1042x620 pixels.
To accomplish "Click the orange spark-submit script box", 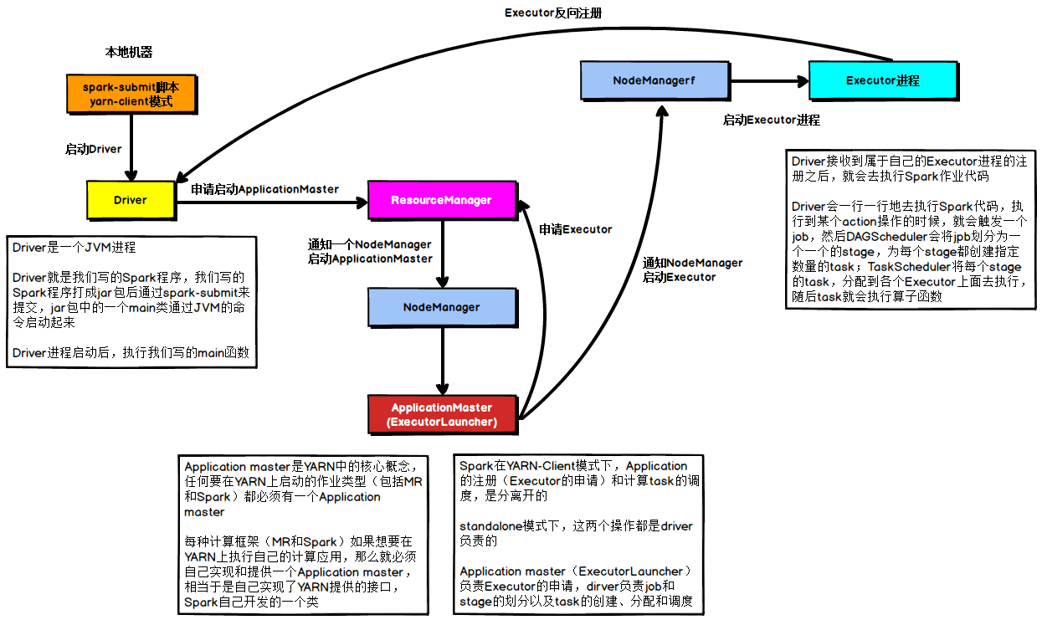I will click(x=131, y=94).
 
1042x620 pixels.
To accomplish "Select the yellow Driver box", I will click(x=130, y=200).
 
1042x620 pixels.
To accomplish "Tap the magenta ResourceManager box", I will click(x=441, y=200).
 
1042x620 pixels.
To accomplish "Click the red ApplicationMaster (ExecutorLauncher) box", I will click(x=442, y=414).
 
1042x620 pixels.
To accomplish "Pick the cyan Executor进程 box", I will click(x=882, y=80).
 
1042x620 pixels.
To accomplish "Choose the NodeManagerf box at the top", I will click(x=654, y=80).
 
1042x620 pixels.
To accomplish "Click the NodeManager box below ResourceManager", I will click(x=441, y=307).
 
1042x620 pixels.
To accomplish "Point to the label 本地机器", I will click(x=129, y=52).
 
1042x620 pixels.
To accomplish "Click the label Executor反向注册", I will click(x=552, y=13).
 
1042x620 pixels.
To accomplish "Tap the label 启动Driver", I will click(x=94, y=149).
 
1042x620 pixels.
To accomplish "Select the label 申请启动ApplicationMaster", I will click(x=264, y=189).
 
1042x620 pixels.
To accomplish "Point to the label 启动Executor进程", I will click(x=771, y=120).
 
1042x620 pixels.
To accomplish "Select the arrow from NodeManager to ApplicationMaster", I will click(x=442, y=361).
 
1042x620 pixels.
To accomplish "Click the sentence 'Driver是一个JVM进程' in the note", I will click(x=74, y=248).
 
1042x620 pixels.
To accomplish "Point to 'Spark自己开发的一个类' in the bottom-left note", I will click(x=251, y=602).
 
